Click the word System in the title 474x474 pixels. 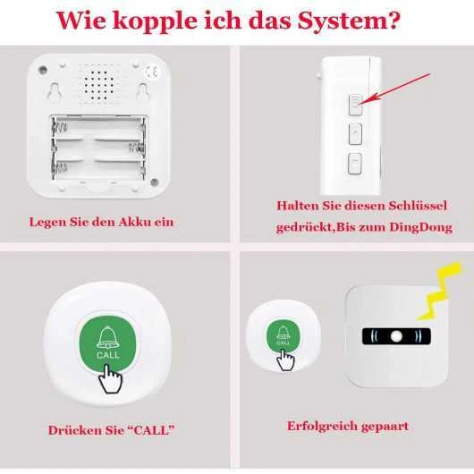point(349,21)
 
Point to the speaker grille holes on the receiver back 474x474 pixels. point(98,86)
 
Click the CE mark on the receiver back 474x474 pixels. point(151,72)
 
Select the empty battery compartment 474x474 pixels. point(98,148)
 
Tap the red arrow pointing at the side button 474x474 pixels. point(394,89)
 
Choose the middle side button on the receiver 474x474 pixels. point(356,133)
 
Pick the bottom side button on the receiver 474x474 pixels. point(355,164)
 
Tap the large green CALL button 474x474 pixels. point(107,343)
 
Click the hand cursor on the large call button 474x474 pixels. point(111,379)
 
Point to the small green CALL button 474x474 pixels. point(283,336)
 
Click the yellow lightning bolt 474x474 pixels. point(439,291)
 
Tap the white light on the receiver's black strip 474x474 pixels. point(396,336)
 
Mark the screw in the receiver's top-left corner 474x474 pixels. point(43,70)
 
